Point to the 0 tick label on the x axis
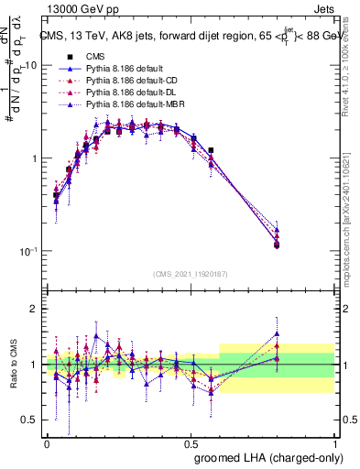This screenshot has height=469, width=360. (47, 443)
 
